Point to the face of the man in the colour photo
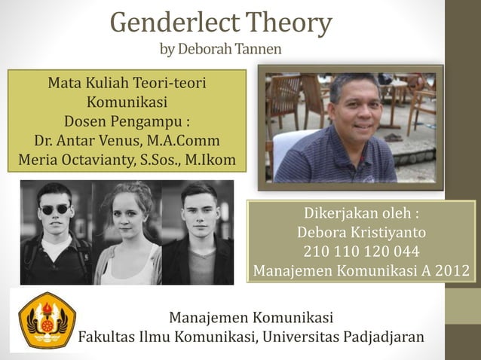(357, 105)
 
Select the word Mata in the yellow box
(64, 82)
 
